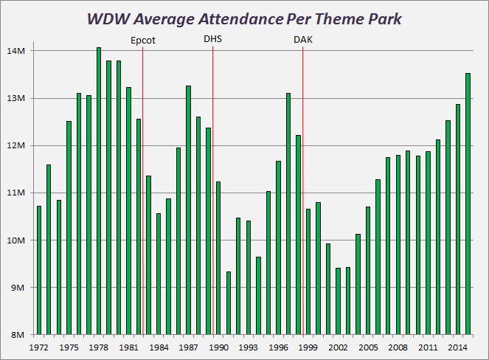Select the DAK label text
coord(303,41)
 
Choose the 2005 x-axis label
coord(368,347)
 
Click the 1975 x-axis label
coord(69,347)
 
